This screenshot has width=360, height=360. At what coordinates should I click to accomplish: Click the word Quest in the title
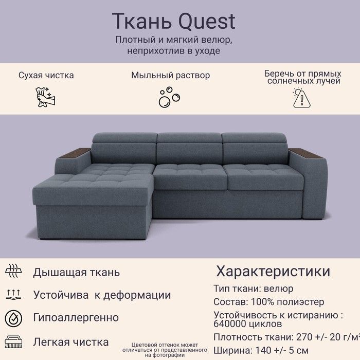pos(207,22)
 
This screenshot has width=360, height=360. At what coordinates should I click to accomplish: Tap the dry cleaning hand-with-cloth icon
pos(46,97)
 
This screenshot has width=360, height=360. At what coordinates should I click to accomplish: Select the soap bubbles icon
pos(169,97)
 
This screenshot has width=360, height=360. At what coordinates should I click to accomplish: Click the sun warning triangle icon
pos(302,98)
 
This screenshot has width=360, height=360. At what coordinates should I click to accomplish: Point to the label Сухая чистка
pos(46,75)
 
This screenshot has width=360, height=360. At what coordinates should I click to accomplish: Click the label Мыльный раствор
pos(171,75)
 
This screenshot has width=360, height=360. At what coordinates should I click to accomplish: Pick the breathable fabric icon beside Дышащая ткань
pos(13,271)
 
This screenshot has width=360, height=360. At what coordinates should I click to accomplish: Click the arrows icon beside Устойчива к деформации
pos(13,295)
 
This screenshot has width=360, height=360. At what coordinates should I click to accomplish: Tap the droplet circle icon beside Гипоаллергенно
pos(13,319)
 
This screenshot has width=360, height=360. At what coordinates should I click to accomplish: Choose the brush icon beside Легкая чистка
pos(13,342)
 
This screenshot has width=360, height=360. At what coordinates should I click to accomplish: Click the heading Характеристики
pos(273,271)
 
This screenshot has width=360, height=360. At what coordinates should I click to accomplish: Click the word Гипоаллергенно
pos(76,318)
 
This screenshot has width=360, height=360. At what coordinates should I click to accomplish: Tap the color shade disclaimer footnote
pos(165,350)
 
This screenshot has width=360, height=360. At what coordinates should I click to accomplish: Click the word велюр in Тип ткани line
pos(279,289)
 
